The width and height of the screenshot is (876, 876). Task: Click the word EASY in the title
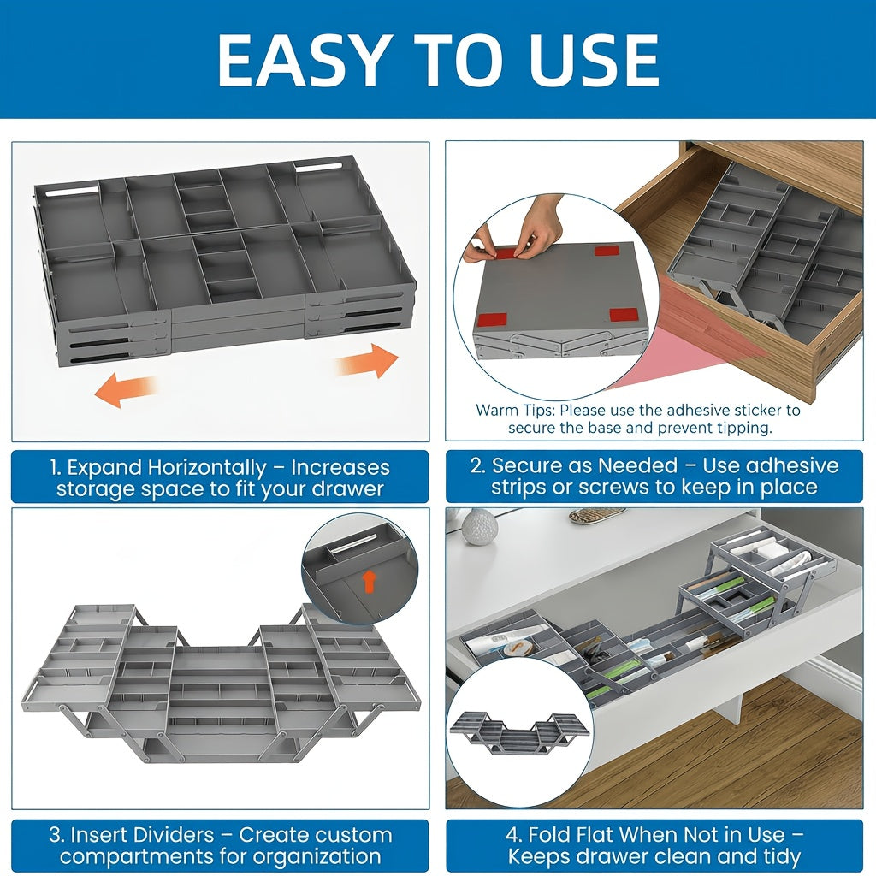[x=302, y=61]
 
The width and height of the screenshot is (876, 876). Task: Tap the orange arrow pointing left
[x=125, y=389]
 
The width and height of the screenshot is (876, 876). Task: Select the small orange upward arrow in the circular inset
[x=368, y=581]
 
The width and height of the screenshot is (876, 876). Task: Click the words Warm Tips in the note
[x=515, y=410]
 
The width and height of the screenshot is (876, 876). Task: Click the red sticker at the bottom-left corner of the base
[x=492, y=320]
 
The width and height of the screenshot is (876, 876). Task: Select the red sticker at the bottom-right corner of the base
[x=624, y=315]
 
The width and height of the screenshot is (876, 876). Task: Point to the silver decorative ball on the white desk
[x=479, y=527]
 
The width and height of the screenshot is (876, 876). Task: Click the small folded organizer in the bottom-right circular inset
[x=520, y=732]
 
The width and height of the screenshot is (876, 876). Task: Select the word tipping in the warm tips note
[x=745, y=428]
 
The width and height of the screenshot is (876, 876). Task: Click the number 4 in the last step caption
[x=513, y=835]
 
